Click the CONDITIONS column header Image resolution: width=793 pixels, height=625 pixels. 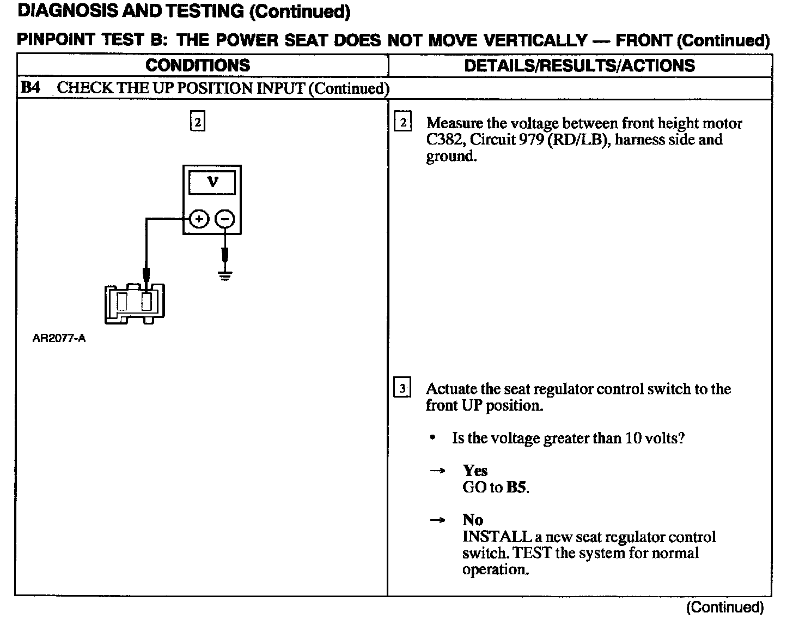coord(198,65)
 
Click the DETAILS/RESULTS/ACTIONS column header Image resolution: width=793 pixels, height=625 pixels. coord(579,65)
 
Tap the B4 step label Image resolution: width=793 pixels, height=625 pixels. coord(30,88)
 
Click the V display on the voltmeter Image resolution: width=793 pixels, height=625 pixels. coord(212,182)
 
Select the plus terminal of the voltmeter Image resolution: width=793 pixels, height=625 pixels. coord(199,219)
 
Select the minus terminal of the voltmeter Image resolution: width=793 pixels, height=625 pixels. coord(225,219)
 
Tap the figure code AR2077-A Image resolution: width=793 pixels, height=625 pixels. coord(59,338)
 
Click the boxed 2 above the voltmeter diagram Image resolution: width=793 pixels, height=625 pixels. coord(197,122)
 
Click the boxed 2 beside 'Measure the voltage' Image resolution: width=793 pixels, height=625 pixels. coord(403,122)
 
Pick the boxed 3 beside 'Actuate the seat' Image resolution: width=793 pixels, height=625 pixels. coord(402,388)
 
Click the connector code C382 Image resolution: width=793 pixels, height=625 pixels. coord(445,140)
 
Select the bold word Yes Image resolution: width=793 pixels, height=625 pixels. coord(475,470)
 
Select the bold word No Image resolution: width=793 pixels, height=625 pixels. coord(473,519)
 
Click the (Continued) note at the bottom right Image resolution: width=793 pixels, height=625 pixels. coord(725,607)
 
